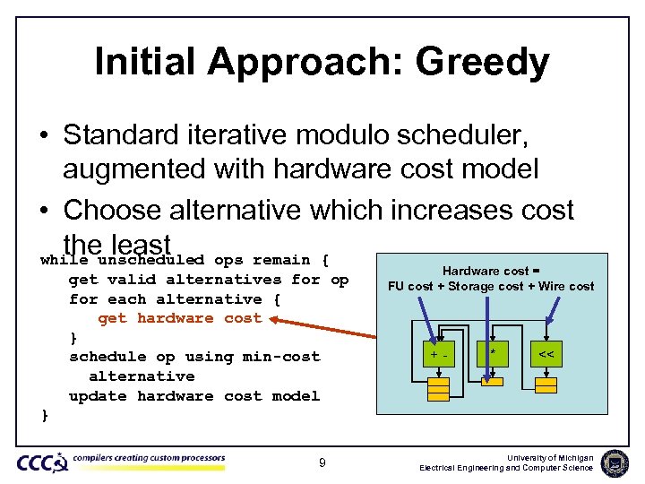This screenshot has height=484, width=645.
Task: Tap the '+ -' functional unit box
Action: click(x=438, y=355)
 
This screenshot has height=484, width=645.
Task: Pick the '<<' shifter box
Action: click(x=546, y=355)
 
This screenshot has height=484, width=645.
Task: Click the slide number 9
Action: click(x=322, y=462)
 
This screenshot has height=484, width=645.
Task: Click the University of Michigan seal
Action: click(x=615, y=462)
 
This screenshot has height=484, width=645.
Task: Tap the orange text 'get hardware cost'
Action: click(x=179, y=318)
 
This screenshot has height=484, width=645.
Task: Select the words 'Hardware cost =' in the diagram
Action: click(x=490, y=271)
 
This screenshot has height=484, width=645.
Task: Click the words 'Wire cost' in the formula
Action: click(x=566, y=286)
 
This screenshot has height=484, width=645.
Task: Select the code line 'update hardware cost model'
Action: click(x=193, y=396)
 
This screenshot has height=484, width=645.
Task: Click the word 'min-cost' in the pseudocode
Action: click(x=280, y=357)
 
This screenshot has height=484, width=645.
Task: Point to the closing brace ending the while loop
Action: click(x=44, y=415)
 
